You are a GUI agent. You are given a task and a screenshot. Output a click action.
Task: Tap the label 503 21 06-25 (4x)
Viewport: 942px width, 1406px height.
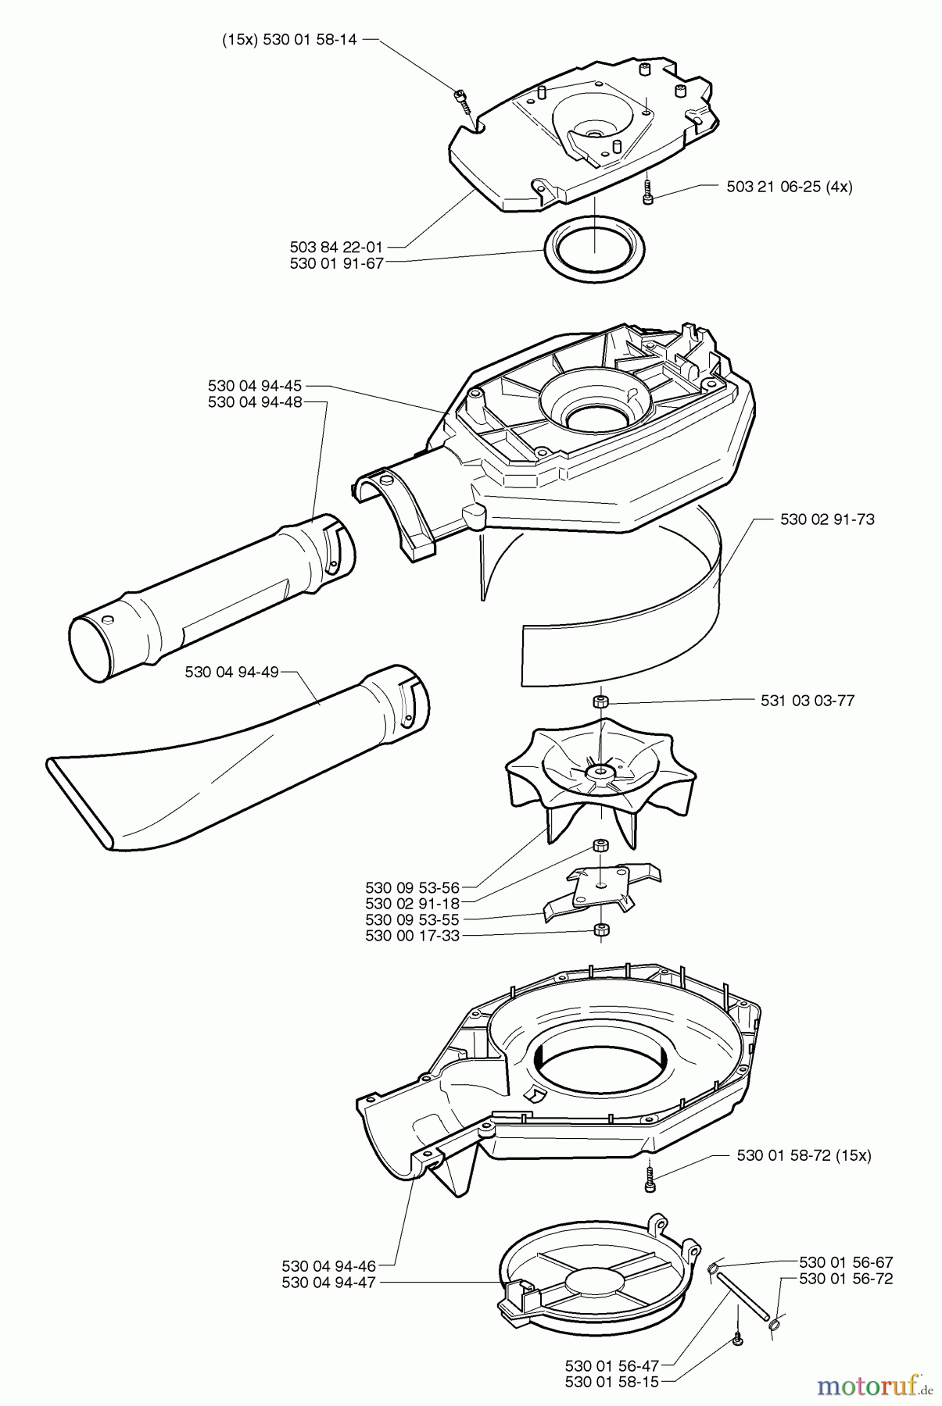(x=789, y=187)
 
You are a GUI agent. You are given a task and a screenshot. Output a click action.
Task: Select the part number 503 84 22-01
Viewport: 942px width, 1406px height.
(x=336, y=248)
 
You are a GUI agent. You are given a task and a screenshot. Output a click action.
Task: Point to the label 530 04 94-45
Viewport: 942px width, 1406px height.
(x=255, y=386)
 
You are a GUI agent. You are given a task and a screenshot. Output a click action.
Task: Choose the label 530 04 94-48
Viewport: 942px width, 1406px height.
(x=255, y=402)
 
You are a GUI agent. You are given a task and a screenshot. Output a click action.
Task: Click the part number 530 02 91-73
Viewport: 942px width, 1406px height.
(x=827, y=519)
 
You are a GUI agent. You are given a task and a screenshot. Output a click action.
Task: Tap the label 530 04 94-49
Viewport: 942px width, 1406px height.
(x=232, y=673)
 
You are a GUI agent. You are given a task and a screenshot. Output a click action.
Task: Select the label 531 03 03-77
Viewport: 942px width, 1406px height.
(x=808, y=701)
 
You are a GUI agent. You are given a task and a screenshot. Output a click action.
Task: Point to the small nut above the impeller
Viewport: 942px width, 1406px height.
(x=600, y=701)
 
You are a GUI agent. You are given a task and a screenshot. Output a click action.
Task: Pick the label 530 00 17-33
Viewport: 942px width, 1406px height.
(x=412, y=936)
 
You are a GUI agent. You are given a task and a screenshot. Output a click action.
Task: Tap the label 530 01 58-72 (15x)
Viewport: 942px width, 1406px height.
(x=804, y=1155)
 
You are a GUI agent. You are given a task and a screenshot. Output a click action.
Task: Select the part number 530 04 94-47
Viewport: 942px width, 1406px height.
(x=328, y=1283)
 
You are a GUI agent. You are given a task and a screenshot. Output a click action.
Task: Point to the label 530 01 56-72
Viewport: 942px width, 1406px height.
(x=846, y=1279)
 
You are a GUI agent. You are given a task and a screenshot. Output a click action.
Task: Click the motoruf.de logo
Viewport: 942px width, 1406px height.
(x=874, y=1386)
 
